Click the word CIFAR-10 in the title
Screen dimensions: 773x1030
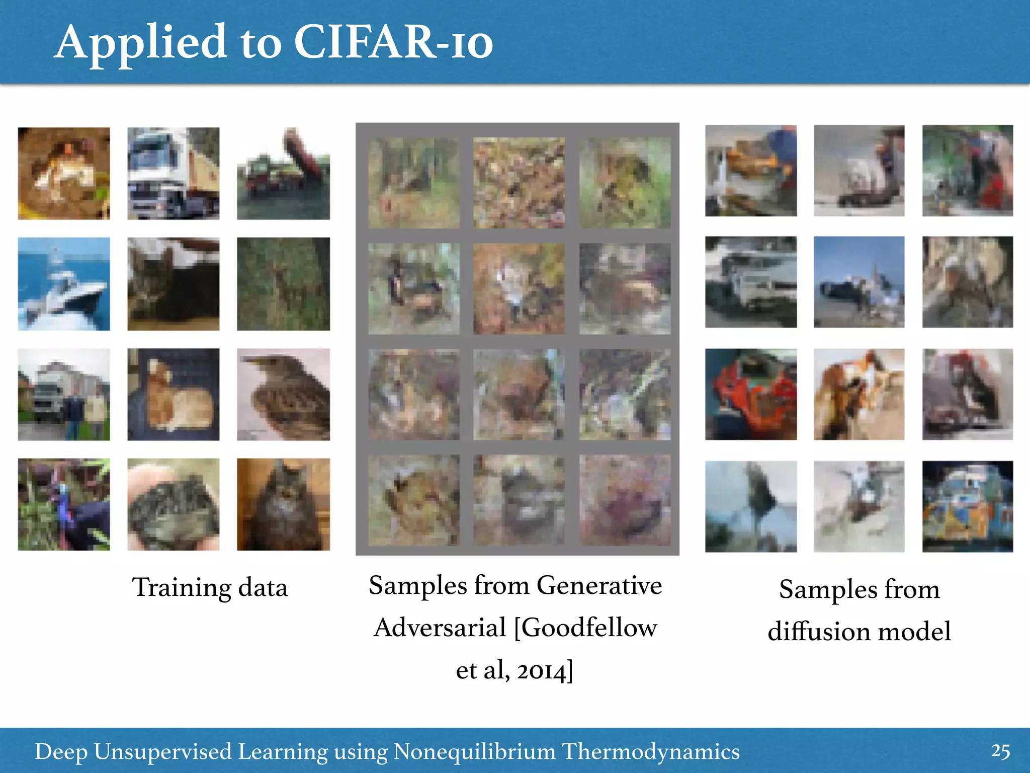[393, 43]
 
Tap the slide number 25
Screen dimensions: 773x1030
[1000, 751]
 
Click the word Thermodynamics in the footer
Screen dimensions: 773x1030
[650, 751]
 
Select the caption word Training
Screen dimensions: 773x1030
[181, 588]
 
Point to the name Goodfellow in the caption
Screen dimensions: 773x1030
[586, 628]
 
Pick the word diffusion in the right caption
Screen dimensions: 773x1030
[818, 631]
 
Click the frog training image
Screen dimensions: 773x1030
[64, 173]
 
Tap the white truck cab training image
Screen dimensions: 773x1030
[173, 173]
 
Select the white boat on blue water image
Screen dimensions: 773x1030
[64, 284]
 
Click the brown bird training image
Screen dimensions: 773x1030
[283, 394]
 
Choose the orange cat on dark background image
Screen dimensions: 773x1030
[173, 394]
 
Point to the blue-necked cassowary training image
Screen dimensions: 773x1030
[64, 504]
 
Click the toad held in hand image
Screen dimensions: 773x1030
[173, 504]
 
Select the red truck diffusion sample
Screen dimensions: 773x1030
[750, 394]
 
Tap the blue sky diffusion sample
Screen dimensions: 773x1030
[859, 282]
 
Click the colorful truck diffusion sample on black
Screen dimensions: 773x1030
[967, 506]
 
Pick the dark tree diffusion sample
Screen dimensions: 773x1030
[750, 506]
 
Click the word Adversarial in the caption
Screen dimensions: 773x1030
[440, 628]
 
